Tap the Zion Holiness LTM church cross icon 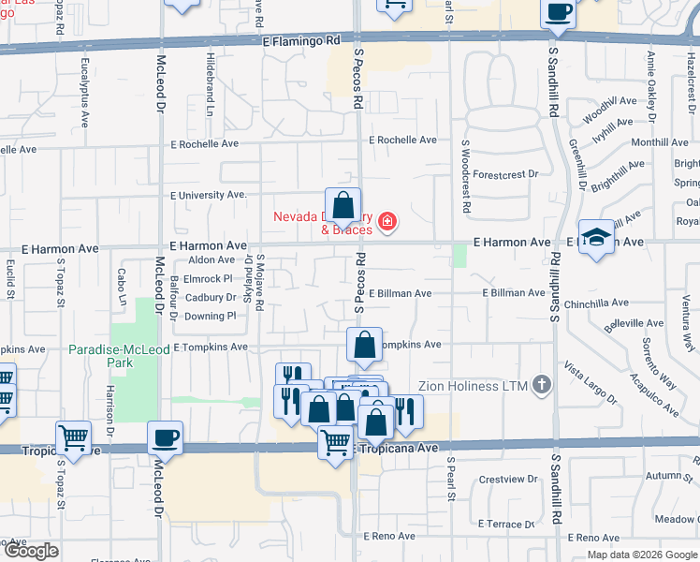pyautogui.click(x=541, y=384)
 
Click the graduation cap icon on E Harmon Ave pyautogui.click(x=595, y=237)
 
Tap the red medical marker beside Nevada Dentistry pyautogui.click(x=386, y=223)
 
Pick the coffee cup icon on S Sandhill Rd pyautogui.click(x=559, y=13)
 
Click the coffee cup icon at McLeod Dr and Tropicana pyautogui.click(x=165, y=437)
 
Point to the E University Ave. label pyautogui.click(x=208, y=195)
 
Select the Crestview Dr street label pyautogui.click(x=505, y=480)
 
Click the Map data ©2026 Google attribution pyautogui.click(x=642, y=555)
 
